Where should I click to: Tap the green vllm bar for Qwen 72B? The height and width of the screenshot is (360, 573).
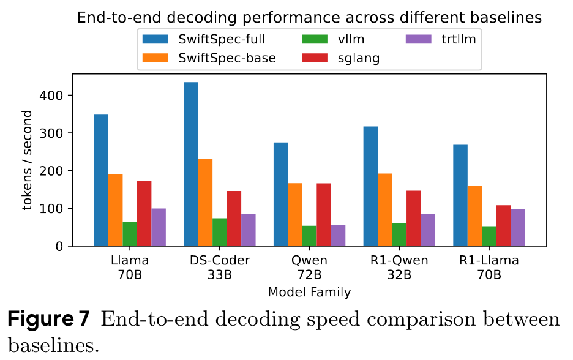coord(310,236)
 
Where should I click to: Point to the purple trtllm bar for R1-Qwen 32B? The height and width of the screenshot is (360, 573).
coord(428,230)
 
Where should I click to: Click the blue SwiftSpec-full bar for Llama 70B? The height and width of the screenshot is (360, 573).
coord(101,180)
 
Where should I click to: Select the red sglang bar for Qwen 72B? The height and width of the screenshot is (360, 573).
coord(324,214)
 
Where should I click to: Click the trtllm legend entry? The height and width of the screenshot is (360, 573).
coord(441,39)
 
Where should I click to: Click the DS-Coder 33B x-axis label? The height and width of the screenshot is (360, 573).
coord(219,268)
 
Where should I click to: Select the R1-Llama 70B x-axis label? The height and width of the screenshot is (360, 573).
coord(489,268)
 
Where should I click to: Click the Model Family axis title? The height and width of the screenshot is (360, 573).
coord(309,292)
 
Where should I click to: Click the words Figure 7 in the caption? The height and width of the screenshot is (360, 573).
coord(50,320)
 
